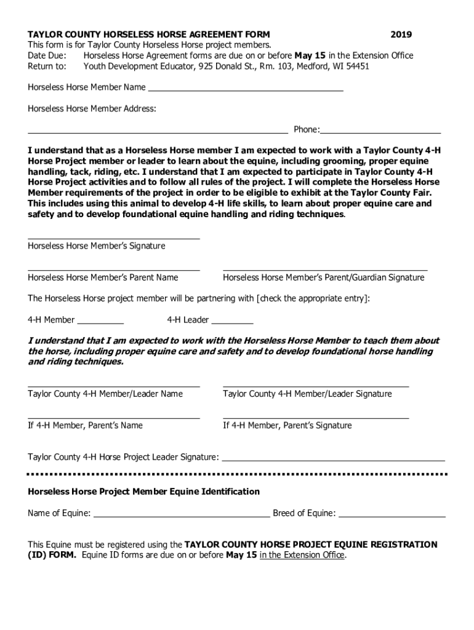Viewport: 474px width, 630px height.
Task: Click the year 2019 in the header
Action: click(401, 34)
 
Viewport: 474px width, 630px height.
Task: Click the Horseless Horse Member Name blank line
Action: click(246, 90)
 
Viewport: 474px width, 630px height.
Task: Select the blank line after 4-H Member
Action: click(100, 322)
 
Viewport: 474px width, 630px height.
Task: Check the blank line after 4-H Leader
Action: click(232, 322)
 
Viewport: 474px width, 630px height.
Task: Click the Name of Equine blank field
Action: click(181, 516)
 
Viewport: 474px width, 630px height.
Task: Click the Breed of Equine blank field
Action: click(392, 516)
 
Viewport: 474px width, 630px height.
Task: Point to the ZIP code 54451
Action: click(356, 66)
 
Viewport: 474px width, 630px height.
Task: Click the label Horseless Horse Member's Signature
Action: click(97, 246)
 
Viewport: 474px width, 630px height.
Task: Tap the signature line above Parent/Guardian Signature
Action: click(324, 270)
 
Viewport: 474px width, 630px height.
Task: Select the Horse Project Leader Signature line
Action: click(332, 460)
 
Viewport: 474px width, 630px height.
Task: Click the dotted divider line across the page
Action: click(237, 474)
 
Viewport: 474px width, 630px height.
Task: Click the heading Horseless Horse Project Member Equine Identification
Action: click(144, 492)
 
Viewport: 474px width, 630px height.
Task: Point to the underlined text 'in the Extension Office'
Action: click(302, 555)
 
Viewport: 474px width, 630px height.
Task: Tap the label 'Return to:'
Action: click(47, 66)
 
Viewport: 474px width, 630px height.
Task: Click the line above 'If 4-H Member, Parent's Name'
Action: click(114, 418)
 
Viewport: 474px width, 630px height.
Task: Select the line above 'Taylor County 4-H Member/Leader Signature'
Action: click(315, 386)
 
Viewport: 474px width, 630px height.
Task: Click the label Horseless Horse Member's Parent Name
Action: click(103, 277)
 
